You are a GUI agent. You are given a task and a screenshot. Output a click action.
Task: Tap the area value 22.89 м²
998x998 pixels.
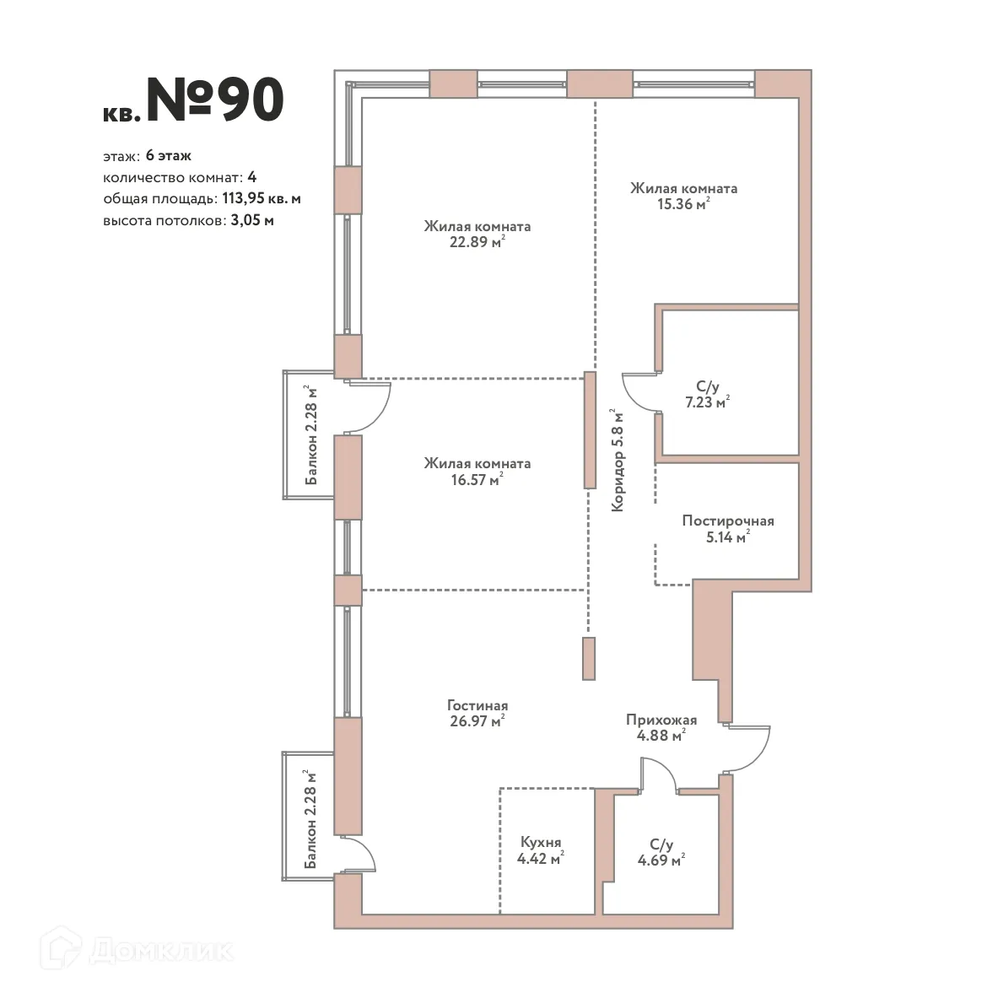tap(477, 243)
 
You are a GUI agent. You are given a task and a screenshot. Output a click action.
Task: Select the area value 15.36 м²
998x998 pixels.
tap(682, 204)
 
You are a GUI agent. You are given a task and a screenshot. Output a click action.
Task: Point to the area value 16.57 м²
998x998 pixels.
tap(477, 480)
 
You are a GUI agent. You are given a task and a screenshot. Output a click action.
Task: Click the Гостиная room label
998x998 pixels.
tap(477, 705)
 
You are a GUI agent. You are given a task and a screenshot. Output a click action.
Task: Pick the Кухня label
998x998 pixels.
tap(541, 843)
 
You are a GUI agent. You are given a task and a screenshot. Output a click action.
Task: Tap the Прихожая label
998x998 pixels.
tap(661, 720)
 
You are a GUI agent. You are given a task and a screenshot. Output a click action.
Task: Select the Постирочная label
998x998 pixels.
tap(727, 521)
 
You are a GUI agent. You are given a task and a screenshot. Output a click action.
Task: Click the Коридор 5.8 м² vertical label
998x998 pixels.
tap(618, 461)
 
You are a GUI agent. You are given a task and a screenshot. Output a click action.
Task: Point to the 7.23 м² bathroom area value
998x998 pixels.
tap(707, 403)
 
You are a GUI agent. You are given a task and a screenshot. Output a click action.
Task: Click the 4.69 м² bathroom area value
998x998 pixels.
tap(661, 860)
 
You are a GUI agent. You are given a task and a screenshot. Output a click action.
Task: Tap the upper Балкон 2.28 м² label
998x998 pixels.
tap(311, 435)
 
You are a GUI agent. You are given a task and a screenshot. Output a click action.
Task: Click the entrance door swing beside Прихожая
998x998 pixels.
tap(753, 747)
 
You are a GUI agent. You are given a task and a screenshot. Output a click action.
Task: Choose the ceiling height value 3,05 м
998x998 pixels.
tap(251, 221)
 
